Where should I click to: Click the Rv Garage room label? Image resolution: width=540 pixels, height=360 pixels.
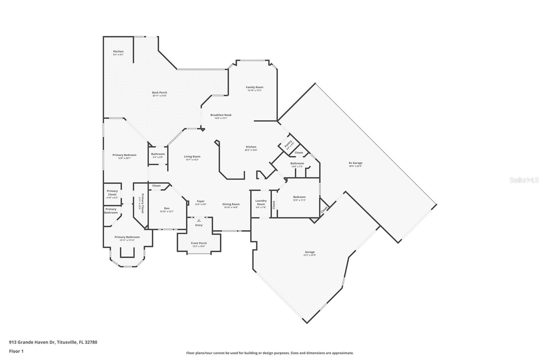point(355,163)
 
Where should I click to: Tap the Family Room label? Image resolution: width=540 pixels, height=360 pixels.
point(254,87)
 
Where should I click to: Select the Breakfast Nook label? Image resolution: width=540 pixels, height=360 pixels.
point(221,115)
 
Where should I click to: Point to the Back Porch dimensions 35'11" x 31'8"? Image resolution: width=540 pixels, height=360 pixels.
point(159,96)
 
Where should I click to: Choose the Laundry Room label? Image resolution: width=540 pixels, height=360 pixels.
point(261,202)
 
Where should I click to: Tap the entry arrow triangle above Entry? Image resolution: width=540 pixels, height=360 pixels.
point(199,220)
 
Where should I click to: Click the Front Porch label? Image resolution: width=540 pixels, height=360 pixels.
point(199,243)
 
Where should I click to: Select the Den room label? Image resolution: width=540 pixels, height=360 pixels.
point(167,208)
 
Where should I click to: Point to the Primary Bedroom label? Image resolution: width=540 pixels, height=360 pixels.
point(124,155)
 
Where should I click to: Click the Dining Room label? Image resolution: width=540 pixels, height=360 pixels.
point(231,204)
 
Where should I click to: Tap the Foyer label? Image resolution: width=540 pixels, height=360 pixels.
point(200,201)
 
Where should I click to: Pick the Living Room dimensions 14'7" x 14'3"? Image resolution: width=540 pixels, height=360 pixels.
point(192,159)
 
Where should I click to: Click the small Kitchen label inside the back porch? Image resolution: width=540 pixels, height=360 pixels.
point(118,51)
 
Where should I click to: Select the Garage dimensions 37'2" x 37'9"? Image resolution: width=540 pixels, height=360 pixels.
point(309,255)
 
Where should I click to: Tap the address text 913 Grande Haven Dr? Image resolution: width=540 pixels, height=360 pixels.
point(32,342)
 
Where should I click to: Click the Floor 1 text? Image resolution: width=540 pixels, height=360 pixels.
point(16,351)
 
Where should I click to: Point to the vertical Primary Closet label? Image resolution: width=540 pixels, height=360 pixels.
point(143,204)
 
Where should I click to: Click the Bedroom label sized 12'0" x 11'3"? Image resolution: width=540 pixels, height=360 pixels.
point(299,197)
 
